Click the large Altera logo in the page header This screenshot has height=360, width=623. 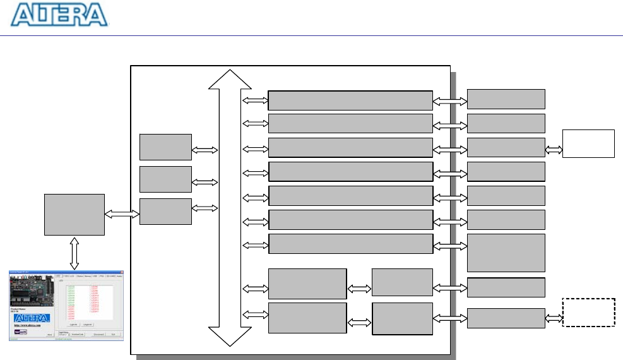(60, 15)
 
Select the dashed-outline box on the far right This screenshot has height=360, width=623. (588, 313)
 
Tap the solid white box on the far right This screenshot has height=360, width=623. (588, 143)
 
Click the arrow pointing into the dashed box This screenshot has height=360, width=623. (554, 318)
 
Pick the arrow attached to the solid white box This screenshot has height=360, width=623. (554, 150)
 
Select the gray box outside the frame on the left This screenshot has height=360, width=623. (74, 214)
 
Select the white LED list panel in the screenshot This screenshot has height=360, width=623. (90, 302)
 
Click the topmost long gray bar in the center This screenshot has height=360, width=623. (350, 100)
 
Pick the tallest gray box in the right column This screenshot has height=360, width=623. (506, 253)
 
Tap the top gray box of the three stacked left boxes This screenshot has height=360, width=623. (165, 147)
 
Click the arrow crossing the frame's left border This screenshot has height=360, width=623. (122, 215)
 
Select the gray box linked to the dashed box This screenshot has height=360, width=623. (506, 318)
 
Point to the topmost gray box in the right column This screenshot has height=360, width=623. (506, 99)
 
